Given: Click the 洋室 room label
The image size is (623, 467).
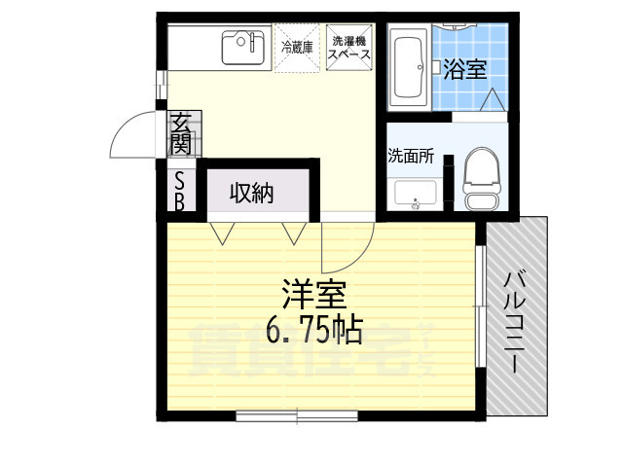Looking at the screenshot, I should pos(311,293).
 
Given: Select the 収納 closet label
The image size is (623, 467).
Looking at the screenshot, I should pos(251,193).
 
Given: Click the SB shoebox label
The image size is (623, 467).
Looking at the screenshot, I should pos(181,192).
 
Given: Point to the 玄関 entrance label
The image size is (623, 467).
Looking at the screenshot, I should pos(181,135).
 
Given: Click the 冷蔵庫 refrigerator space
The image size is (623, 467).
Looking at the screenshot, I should pos(296,48).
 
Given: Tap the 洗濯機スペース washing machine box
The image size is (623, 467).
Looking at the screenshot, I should pos(348,48).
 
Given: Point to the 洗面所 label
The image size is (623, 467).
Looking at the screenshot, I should pos(410,155).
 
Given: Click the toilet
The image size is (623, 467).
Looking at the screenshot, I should pos(480,181).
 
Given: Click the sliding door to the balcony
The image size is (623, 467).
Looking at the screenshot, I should pos(480,305).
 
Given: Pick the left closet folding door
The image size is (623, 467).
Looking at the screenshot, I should pos(223,233).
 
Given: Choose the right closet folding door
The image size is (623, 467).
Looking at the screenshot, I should pos(295,233).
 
